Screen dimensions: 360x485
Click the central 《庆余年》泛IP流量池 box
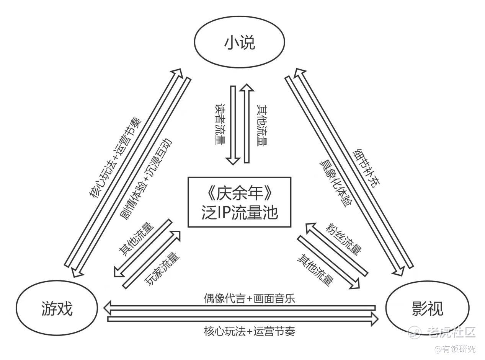click(x=239, y=202)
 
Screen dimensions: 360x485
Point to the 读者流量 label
click(x=220, y=124)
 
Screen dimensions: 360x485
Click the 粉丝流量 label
click(x=344, y=239)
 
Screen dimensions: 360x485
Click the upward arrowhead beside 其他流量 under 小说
click(x=247, y=90)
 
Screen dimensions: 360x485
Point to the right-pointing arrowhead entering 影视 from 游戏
click(x=374, y=319)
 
